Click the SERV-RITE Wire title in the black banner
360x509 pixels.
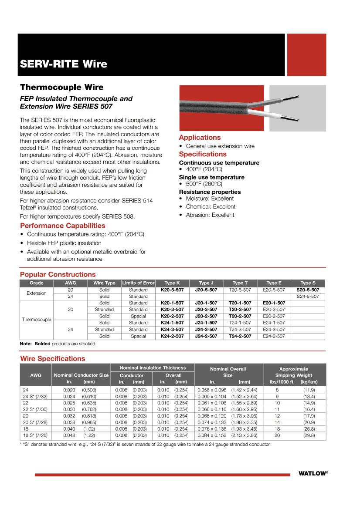pyautogui.click(x=64, y=64)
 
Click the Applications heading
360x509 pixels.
pyautogui.click(x=200, y=138)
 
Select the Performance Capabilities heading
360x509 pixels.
pyautogui.click(x=63, y=226)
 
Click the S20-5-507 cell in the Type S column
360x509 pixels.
pyautogui.click(x=308, y=290)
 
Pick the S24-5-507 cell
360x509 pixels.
pyautogui.click(x=308, y=297)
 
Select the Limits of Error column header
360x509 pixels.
pyautogui.click(x=138, y=283)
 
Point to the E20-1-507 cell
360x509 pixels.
pyautogui.click(x=274, y=303)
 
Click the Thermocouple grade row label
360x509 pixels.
pyautogui.click(x=37, y=320)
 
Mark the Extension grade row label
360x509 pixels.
pyautogui.click(x=37, y=293)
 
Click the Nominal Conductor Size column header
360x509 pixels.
pyautogui.click(x=81, y=375)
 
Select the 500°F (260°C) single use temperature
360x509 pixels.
pyautogui.click(x=204, y=184)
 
